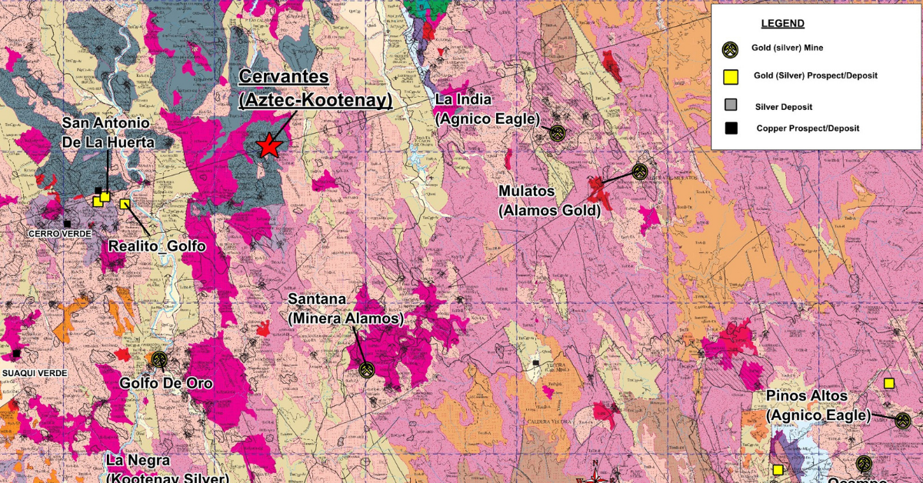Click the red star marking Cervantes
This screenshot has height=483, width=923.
click(x=268, y=145)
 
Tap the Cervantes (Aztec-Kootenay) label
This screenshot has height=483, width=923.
click(x=315, y=88)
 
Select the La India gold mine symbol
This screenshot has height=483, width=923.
click(x=558, y=133)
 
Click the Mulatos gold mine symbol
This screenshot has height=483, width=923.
click(x=640, y=171)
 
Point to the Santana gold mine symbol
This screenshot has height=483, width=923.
click(x=366, y=370)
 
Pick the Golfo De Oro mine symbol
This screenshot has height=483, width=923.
click(x=159, y=359)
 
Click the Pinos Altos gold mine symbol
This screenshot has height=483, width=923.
click(x=902, y=420)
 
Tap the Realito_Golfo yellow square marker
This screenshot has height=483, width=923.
click(x=125, y=204)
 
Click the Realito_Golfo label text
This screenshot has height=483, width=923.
click(x=156, y=246)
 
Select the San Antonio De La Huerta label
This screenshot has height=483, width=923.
click(x=108, y=132)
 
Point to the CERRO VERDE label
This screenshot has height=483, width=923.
click(x=59, y=233)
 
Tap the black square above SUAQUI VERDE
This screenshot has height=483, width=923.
click(x=16, y=353)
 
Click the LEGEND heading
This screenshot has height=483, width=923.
click(x=782, y=24)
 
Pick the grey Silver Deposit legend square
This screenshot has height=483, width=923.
click(x=731, y=105)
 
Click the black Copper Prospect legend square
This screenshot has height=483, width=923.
click(x=731, y=128)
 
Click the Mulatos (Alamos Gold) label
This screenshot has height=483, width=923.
click(x=549, y=200)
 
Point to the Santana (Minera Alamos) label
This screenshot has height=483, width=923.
click(x=345, y=308)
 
